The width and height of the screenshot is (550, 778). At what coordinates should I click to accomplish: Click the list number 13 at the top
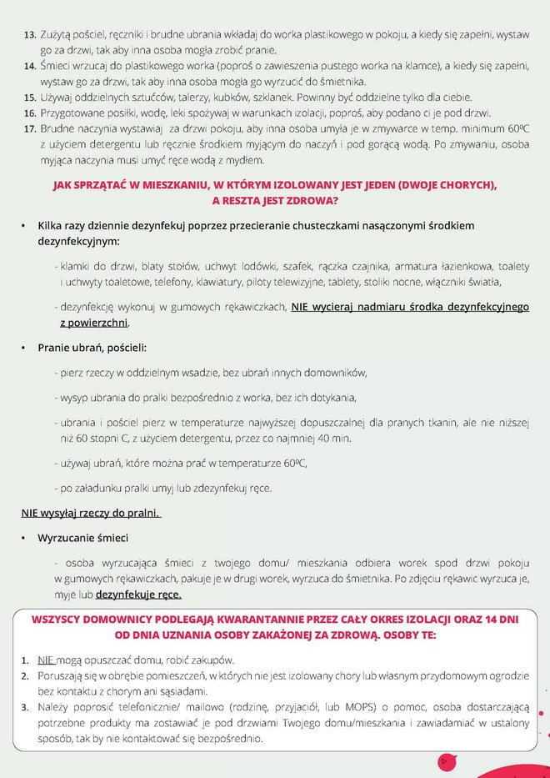[x=29, y=35]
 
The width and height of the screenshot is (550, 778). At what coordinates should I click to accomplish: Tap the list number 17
[x=29, y=129]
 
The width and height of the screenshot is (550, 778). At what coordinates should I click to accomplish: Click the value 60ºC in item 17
[x=516, y=129]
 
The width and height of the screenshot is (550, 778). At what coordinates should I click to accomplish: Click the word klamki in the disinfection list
[x=74, y=266]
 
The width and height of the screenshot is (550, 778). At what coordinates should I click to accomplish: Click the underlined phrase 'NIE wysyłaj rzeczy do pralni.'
[x=90, y=513]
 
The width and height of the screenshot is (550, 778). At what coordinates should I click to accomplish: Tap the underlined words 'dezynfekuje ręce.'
[x=138, y=595]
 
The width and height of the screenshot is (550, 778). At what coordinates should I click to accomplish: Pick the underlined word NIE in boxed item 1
[x=46, y=660]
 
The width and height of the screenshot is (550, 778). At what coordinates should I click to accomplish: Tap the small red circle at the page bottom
[x=445, y=760]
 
